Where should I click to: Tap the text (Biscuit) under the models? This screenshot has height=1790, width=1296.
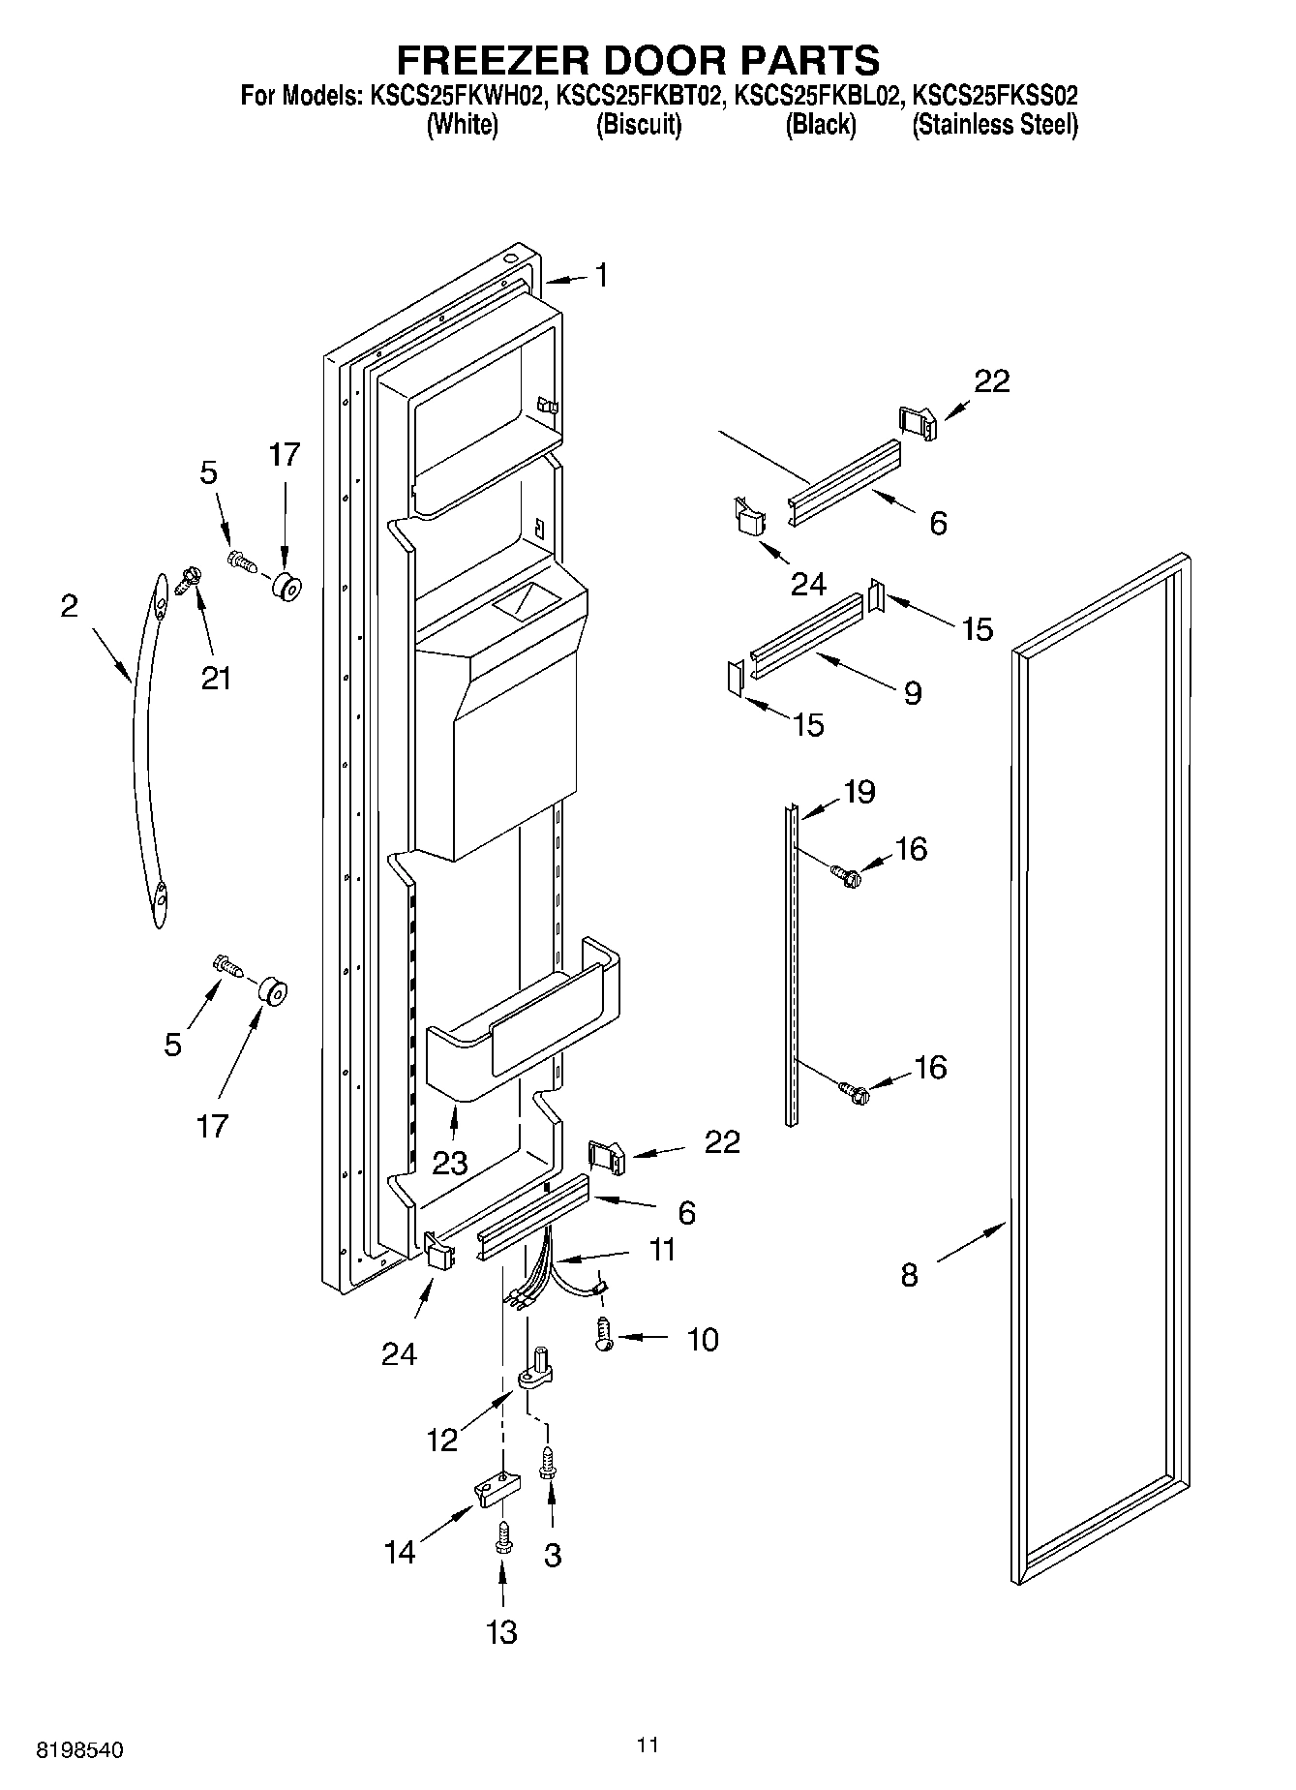[638, 125]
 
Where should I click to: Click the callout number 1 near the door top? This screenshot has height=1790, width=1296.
[601, 276]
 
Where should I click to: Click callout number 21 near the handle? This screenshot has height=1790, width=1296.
[216, 679]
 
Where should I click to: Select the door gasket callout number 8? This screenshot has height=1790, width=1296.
[908, 1275]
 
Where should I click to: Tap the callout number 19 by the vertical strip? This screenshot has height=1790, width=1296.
[859, 792]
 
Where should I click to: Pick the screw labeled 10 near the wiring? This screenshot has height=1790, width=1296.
[604, 1337]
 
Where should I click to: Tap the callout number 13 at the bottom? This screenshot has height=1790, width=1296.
[501, 1632]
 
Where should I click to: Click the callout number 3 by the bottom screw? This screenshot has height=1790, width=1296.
[552, 1555]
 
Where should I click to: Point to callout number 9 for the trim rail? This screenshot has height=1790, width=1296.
[912, 693]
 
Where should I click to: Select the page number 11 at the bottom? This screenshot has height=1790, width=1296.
[648, 1745]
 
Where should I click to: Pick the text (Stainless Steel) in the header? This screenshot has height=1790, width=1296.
[994, 125]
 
